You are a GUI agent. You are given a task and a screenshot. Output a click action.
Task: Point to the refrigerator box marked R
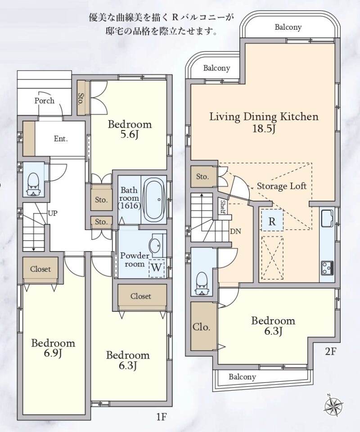click(272, 220)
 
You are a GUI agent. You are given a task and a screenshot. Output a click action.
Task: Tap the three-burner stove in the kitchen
click(327, 268)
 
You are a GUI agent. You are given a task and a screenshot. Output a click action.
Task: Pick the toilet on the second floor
click(202, 284)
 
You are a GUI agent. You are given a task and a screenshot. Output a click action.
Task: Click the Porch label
click(45, 100)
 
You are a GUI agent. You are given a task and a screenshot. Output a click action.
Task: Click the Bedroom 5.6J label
click(130, 130)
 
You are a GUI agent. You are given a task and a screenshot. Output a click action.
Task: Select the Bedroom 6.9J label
click(53, 348)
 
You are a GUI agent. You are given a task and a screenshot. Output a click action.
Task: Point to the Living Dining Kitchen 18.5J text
click(264, 122)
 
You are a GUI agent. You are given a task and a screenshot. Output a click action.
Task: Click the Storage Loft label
click(282, 186)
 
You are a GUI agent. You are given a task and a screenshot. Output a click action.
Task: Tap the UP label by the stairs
click(53, 213)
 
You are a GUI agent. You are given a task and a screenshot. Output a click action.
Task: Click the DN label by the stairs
click(235, 231)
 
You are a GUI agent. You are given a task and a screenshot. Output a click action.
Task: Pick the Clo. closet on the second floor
click(204, 327)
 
